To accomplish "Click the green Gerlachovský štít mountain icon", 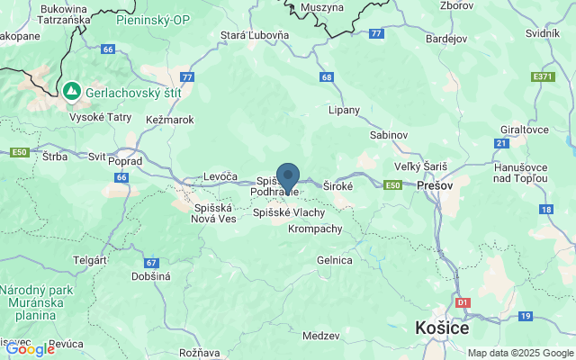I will tap(70, 91).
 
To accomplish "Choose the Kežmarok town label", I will tap(168, 119).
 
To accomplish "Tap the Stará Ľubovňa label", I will tap(255, 36).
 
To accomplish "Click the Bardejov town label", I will tap(445, 39).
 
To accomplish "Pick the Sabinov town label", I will tap(389, 134).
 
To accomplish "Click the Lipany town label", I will tap(344, 110).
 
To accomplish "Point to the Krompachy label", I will tap(315, 229).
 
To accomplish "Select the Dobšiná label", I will tap(150, 276).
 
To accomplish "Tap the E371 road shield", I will tap(543, 76).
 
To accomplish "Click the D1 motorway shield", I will tap(463, 303).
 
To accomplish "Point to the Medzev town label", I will tap(321, 335).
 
